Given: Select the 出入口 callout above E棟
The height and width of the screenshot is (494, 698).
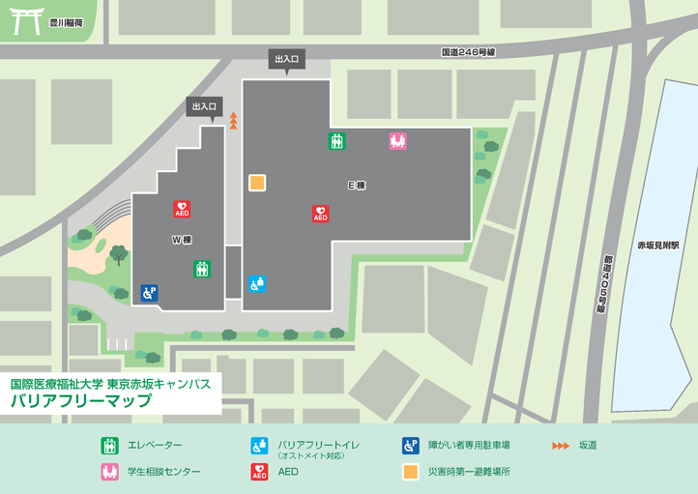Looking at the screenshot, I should pyautogui.click(x=288, y=60).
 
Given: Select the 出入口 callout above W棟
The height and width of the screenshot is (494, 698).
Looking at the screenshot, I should pyautogui.click(x=205, y=106).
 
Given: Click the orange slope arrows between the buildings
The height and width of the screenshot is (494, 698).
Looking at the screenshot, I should pyautogui.click(x=233, y=120).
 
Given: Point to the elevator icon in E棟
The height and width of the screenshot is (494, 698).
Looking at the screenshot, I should pyautogui.click(x=336, y=140).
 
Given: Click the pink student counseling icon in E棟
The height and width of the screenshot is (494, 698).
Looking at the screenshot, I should pyautogui.click(x=397, y=140).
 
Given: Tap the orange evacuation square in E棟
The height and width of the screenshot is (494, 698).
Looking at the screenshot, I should pyautogui.click(x=257, y=182).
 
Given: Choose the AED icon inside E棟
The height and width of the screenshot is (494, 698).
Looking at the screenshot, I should pyautogui.click(x=321, y=214).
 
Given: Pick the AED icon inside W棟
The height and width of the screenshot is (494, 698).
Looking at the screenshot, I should pyautogui.click(x=182, y=208).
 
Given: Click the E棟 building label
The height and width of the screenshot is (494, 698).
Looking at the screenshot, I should pyautogui.click(x=356, y=185).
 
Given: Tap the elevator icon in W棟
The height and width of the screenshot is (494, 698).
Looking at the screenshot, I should pyautogui.click(x=201, y=269).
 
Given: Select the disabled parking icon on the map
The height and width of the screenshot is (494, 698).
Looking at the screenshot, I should pyautogui.click(x=149, y=291).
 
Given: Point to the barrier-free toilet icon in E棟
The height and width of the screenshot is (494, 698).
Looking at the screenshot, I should pyautogui.click(x=257, y=283).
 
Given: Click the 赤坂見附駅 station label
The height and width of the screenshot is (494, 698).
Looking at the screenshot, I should pyautogui.click(x=657, y=246).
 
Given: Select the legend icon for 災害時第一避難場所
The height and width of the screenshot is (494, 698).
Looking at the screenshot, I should pyautogui.click(x=411, y=472).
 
